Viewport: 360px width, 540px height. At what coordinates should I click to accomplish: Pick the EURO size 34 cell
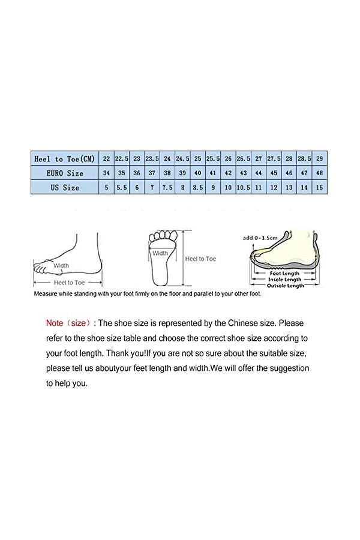(106, 173)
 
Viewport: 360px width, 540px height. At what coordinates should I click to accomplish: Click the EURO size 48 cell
(319, 173)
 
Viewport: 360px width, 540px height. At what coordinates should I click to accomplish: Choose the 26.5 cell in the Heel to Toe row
(243, 159)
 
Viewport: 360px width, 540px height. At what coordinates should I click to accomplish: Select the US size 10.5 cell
(243, 187)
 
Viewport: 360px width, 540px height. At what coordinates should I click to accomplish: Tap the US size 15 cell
(319, 187)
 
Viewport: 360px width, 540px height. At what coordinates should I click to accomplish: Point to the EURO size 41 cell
(212, 173)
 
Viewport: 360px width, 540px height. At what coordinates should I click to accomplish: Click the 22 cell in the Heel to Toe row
(106, 159)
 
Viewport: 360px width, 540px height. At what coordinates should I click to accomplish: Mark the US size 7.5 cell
(167, 187)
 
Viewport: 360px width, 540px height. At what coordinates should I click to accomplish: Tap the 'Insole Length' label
(284, 280)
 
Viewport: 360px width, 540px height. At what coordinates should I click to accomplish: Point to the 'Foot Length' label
(284, 274)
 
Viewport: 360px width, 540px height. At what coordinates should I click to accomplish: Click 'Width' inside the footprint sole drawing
(160, 253)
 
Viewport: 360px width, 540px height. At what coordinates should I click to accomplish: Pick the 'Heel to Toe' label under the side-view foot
(68, 282)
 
